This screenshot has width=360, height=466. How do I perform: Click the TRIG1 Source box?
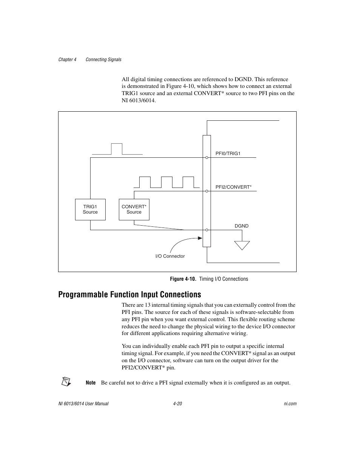90,209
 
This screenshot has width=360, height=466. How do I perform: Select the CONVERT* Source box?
134,209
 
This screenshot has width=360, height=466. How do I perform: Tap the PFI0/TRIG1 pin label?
228,154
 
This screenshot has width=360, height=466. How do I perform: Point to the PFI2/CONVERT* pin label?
233,187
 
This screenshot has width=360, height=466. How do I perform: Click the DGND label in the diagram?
242,226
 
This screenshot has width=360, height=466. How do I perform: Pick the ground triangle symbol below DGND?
242,245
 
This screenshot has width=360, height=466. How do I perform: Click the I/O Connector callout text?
170,256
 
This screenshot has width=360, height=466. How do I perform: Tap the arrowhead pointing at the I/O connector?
200,238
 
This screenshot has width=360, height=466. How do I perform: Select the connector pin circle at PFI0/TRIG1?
207,157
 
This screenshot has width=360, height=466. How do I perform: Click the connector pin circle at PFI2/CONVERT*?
207,191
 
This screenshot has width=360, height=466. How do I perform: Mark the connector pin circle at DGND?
207,230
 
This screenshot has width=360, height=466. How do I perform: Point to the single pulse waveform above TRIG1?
117,149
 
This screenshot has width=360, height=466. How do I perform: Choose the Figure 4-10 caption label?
183,279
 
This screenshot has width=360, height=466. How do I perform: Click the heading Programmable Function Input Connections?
129,294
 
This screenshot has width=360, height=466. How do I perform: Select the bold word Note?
91,383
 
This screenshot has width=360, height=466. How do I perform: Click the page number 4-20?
177,404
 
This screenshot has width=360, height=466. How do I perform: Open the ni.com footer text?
290,404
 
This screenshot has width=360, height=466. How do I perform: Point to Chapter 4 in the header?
67,60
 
